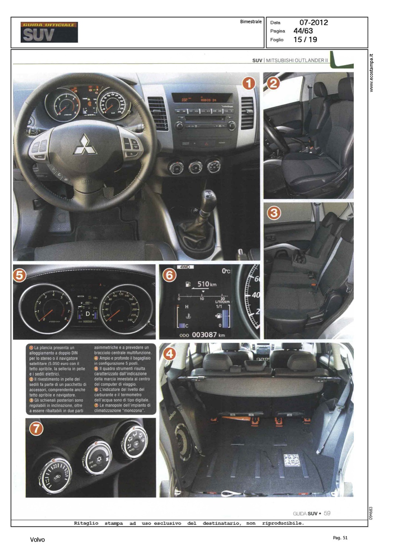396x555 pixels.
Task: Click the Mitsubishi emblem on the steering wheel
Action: pyautogui.click(x=85, y=144)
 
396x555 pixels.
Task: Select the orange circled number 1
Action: pyautogui.click(x=249, y=84)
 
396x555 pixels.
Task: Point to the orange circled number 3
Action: pyautogui.click(x=274, y=213)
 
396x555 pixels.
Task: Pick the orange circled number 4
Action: pyautogui.click(x=169, y=354)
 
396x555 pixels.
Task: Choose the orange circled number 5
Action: pyautogui.click(x=20, y=275)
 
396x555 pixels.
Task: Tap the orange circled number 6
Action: pyautogui.click(x=169, y=275)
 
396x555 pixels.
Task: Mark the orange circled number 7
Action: pyautogui.click(x=36, y=428)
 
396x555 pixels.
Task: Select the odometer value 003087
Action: pyautogui.click(x=204, y=335)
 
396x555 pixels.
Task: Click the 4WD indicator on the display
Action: pyautogui.click(x=184, y=267)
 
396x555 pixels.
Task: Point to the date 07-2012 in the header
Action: pyautogui.click(x=313, y=22)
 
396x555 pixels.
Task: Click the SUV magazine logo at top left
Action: pyautogui.click(x=49, y=32)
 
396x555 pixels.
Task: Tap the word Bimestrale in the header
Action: pyautogui.click(x=250, y=22)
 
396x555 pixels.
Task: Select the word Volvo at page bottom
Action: pyautogui.click(x=37, y=540)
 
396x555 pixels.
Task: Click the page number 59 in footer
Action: pyautogui.click(x=327, y=513)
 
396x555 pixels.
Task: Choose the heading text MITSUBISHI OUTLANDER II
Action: pyautogui.click(x=297, y=60)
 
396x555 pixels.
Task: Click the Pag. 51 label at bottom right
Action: pyautogui.click(x=340, y=538)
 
